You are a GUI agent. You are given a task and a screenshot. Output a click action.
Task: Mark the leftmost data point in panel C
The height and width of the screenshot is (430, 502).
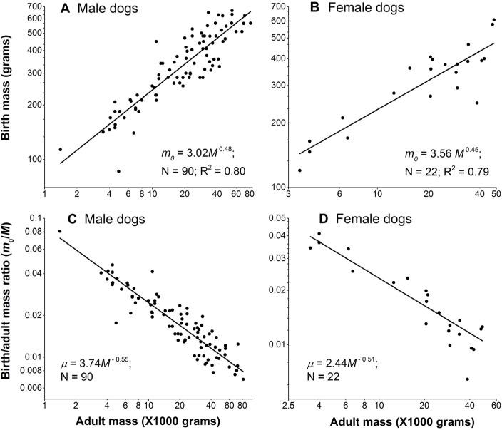[x=59, y=231]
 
